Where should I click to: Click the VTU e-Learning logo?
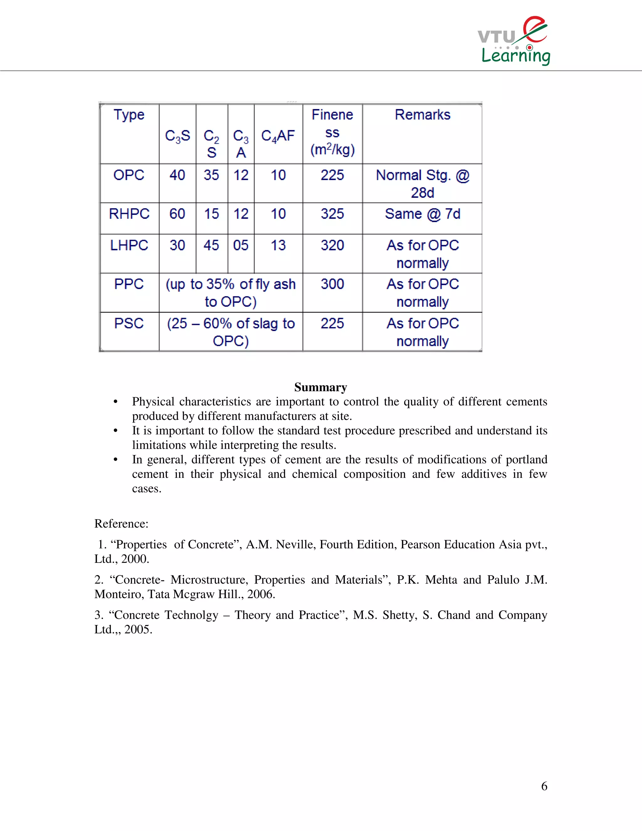(514, 41)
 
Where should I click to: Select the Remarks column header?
(422, 114)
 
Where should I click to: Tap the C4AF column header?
(278, 135)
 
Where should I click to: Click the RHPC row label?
(129, 214)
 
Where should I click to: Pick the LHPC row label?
(129, 246)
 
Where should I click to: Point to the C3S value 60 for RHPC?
(177, 214)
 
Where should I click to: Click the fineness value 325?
(332, 214)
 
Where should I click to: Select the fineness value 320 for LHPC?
(332, 246)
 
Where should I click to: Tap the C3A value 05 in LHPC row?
(241, 246)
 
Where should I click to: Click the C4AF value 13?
(278, 246)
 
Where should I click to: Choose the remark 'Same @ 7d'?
(422, 214)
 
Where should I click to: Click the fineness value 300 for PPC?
(332, 284)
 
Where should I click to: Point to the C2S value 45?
(212, 246)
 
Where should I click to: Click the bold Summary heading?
(321, 387)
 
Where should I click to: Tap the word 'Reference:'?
(121, 524)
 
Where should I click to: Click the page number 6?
(544, 786)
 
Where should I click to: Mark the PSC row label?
(129, 323)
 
